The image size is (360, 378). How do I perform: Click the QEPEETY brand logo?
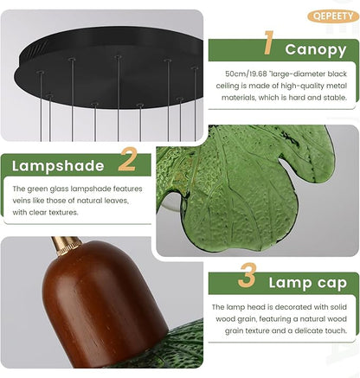pyautogui.click(x=333, y=16)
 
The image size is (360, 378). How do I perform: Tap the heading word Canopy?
pyautogui.click(x=316, y=49)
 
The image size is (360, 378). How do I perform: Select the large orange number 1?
pyautogui.click(x=268, y=42)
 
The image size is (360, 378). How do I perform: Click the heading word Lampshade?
pyautogui.click(x=58, y=166)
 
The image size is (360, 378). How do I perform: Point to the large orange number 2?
pyautogui.click(x=127, y=159)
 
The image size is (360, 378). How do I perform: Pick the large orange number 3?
pyautogui.click(x=247, y=275)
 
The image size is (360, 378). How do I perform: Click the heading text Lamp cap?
pyautogui.click(x=307, y=283)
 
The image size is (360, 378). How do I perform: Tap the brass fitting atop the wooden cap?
pyautogui.click(x=66, y=246)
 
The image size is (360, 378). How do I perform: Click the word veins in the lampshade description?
pyautogui.click(x=21, y=201)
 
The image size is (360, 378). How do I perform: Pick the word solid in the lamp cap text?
pyautogui.click(x=338, y=307)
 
